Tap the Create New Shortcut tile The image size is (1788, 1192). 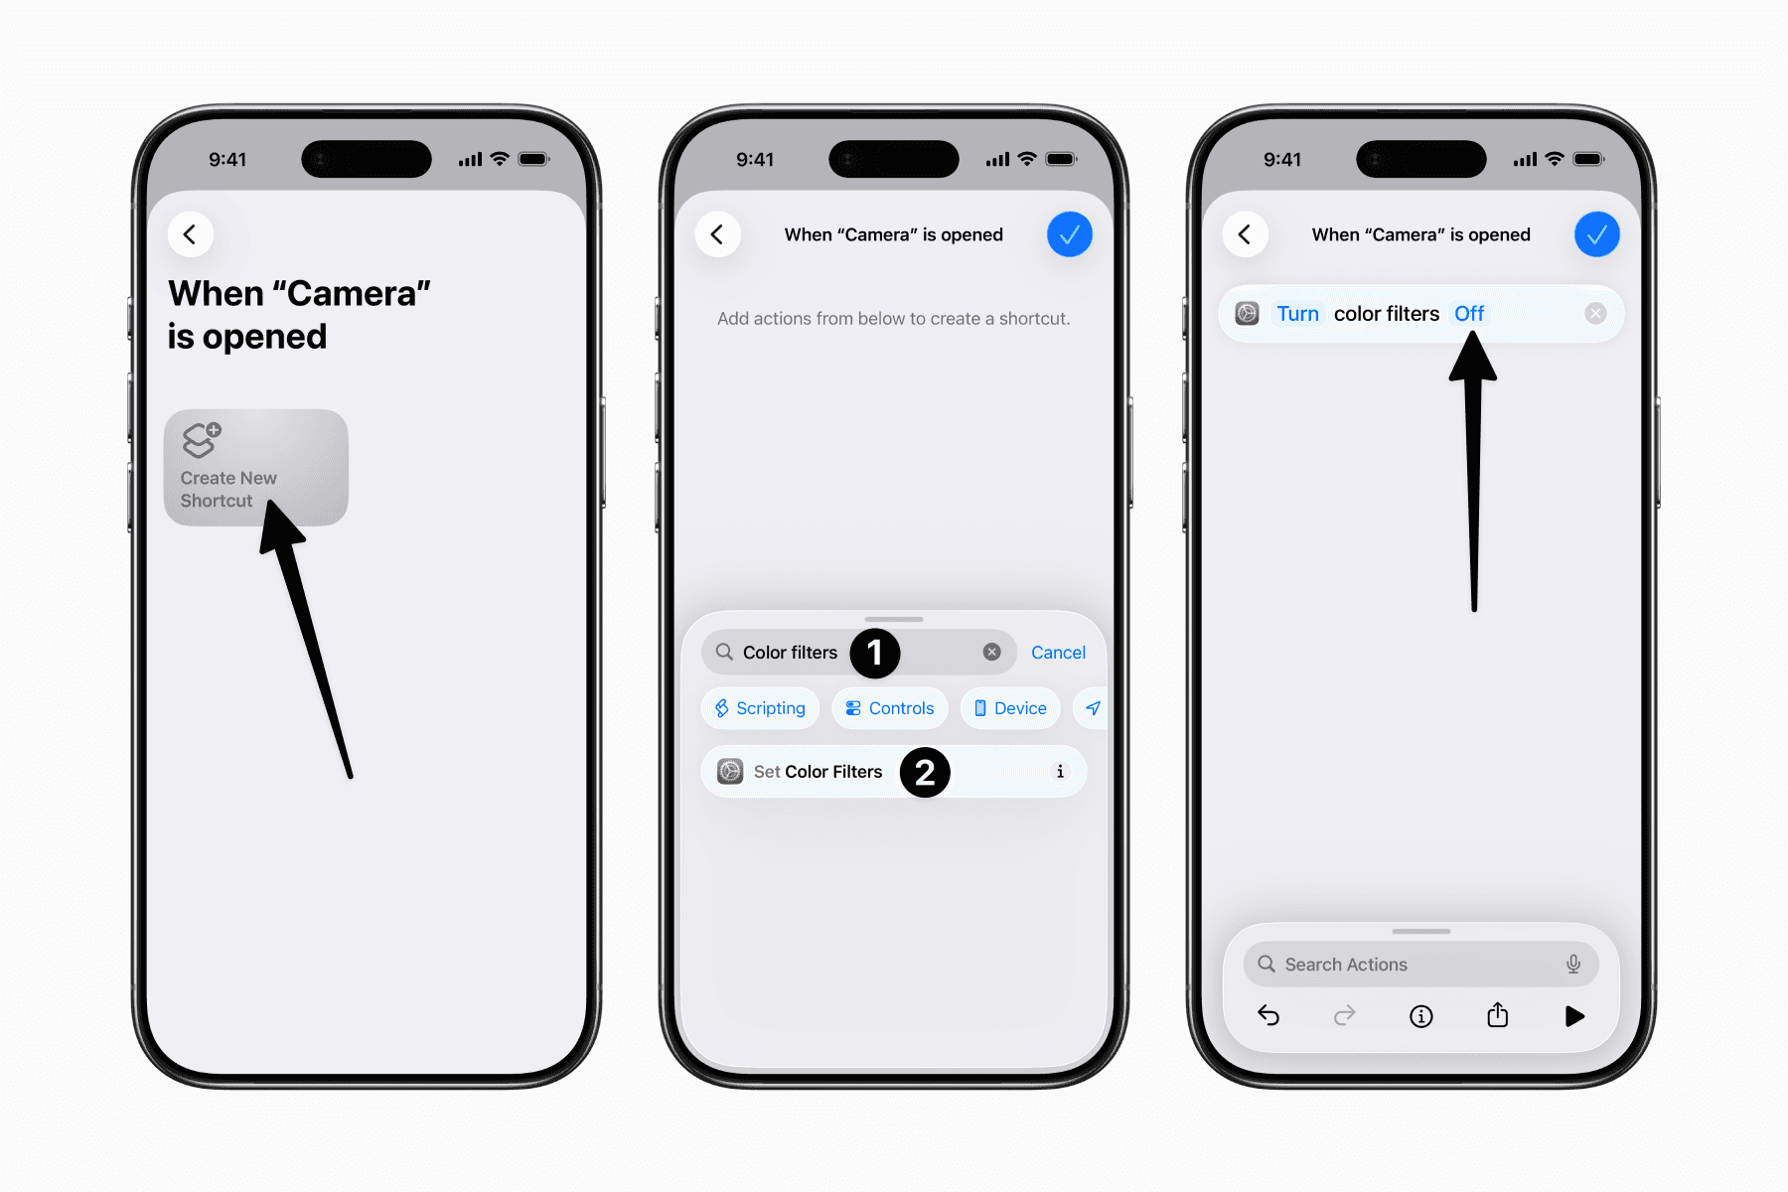(x=255, y=467)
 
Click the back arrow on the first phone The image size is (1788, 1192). (x=190, y=234)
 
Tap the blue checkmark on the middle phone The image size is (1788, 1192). (x=1069, y=234)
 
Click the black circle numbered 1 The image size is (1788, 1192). (x=874, y=653)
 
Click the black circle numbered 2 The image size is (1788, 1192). (x=925, y=772)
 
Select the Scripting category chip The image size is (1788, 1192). (x=760, y=708)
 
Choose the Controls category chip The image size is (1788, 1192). (x=890, y=708)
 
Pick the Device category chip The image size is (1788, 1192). (x=1010, y=708)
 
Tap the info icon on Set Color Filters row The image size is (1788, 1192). (x=1060, y=772)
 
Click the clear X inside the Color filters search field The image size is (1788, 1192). (x=991, y=652)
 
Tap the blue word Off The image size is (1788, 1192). (x=1468, y=314)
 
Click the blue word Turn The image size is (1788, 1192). (x=1297, y=314)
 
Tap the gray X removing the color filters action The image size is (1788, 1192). (x=1595, y=314)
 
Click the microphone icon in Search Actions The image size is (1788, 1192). (x=1573, y=964)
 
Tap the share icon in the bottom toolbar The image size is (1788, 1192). (x=1498, y=1015)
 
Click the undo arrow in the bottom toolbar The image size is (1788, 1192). (x=1268, y=1015)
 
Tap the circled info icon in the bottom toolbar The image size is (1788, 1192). (x=1421, y=1015)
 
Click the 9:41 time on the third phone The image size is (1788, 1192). (x=1281, y=159)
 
